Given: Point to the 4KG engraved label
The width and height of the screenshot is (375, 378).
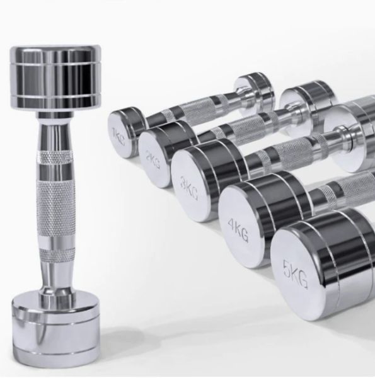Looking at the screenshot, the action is (x=238, y=230).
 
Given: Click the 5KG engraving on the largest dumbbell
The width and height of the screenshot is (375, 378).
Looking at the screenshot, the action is (x=296, y=274).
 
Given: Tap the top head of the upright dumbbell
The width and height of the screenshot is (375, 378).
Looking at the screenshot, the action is (x=55, y=77).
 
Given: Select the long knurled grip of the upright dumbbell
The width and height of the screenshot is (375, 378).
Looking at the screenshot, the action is (x=55, y=208).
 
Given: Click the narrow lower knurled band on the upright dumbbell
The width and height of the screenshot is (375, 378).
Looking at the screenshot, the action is (x=55, y=254).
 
